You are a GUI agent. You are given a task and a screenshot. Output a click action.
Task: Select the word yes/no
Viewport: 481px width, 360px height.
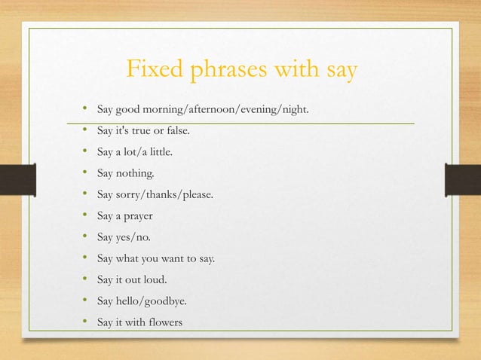pos(134,237)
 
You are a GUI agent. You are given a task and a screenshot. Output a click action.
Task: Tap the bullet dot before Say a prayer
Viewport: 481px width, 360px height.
pos(86,216)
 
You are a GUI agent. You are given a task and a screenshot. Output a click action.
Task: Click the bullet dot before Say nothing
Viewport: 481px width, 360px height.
pos(86,173)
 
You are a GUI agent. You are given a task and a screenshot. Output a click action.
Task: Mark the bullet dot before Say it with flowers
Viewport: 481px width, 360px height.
pos(86,322)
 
